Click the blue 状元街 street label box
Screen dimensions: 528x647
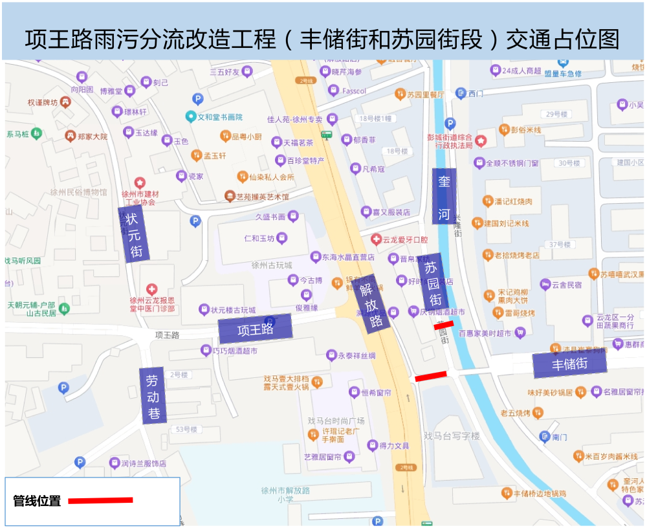click(134, 234)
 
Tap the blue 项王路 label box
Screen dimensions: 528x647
click(255, 329)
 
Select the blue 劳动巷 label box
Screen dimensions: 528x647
click(153, 396)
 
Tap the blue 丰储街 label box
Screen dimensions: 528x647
click(570, 365)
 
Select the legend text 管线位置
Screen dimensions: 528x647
click(37, 501)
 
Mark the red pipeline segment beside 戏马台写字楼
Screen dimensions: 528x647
click(431, 376)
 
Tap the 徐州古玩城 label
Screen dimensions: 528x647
click(272, 265)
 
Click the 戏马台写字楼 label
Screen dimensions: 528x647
click(452, 436)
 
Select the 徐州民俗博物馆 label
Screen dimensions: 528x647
click(78, 192)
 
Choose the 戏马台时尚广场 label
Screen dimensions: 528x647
click(336, 421)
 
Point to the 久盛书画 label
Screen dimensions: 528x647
click(270, 217)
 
